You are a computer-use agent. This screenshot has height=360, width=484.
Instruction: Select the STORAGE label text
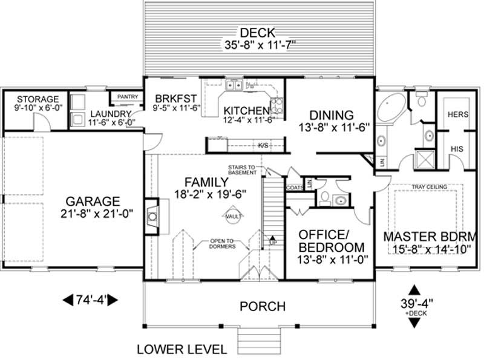[38, 99]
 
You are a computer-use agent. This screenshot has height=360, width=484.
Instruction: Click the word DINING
[331, 115]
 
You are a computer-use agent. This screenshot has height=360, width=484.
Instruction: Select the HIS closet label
[457, 148]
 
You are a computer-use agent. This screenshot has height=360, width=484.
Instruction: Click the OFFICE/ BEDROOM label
[332, 241]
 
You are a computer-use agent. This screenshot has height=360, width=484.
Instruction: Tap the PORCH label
[263, 306]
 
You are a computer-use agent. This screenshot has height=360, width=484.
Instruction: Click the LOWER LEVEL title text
[181, 349]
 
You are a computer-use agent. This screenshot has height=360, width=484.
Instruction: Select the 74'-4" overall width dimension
[90, 299]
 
